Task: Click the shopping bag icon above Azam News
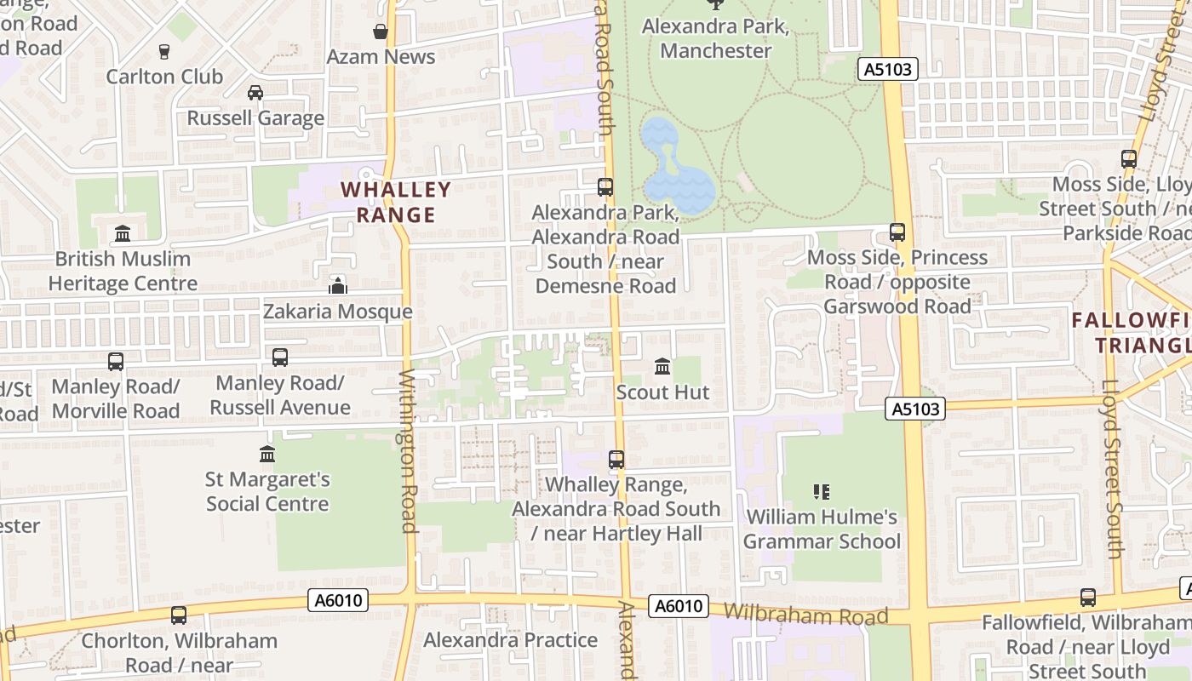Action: (381, 31)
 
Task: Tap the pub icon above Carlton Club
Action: (164, 51)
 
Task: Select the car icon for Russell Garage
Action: (255, 92)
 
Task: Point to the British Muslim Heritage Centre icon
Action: (123, 232)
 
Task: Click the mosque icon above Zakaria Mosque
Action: (338, 285)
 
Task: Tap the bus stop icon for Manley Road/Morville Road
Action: (116, 361)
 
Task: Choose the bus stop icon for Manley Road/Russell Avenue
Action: (280, 358)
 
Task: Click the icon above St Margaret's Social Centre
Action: (267, 454)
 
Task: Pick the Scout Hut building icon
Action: (662, 367)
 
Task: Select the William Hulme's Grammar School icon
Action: (822, 491)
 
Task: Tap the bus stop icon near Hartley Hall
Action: (616, 460)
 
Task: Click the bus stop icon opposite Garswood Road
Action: (897, 232)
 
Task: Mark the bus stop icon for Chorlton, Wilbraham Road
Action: (179, 615)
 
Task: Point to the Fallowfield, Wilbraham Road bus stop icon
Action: (1088, 598)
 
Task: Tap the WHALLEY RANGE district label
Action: (396, 202)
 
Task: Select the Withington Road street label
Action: (409, 451)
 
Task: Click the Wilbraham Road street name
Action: (805, 615)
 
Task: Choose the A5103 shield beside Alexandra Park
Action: (887, 70)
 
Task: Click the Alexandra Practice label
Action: (510, 640)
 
